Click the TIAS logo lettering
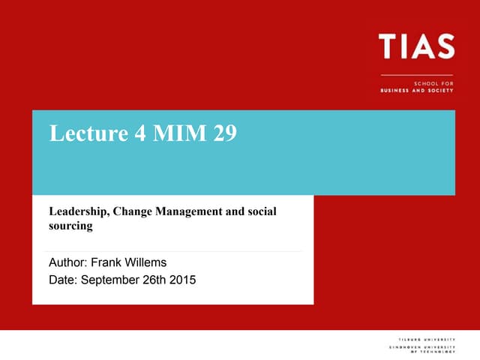coord(417,46)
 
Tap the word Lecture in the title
coord(82,133)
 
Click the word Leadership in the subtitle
coord(78,212)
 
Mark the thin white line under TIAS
coord(417,74)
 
